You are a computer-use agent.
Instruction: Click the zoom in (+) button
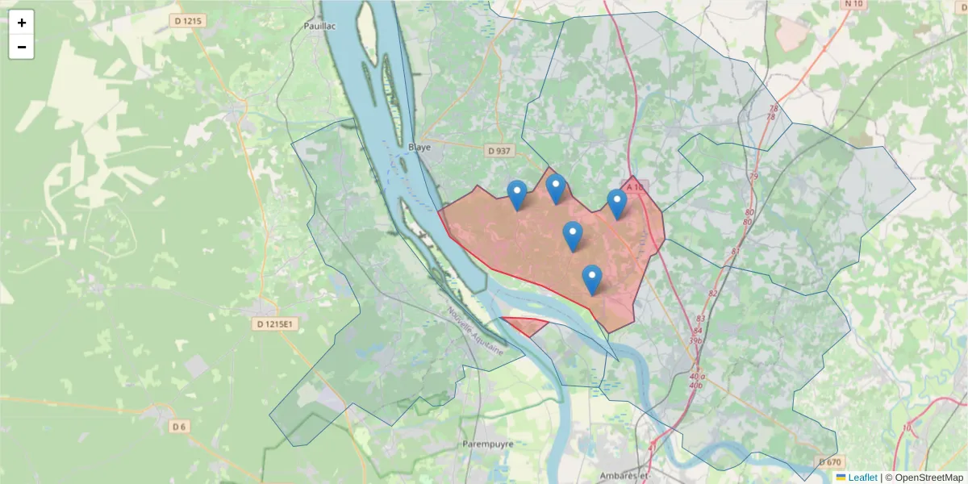tap(22, 23)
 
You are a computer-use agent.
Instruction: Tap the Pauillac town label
tap(319, 26)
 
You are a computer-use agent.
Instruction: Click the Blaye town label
tap(420, 148)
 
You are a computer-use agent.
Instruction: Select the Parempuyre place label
tap(488, 444)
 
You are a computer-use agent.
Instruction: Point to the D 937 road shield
tap(500, 151)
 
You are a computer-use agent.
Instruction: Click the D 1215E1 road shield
tap(277, 324)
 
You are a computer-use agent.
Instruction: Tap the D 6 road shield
tap(179, 426)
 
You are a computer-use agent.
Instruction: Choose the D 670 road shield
tap(829, 461)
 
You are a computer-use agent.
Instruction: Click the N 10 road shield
tap(853, 4)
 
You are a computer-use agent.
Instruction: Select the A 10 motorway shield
tap(635, 187)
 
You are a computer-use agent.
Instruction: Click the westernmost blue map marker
tap(517, 194)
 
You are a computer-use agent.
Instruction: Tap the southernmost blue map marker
tap(592, 279)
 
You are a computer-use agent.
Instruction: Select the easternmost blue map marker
tap(617, 203)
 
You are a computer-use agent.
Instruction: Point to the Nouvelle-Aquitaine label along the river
tap(475, 334)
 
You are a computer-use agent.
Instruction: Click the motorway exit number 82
tap(712, 293)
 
